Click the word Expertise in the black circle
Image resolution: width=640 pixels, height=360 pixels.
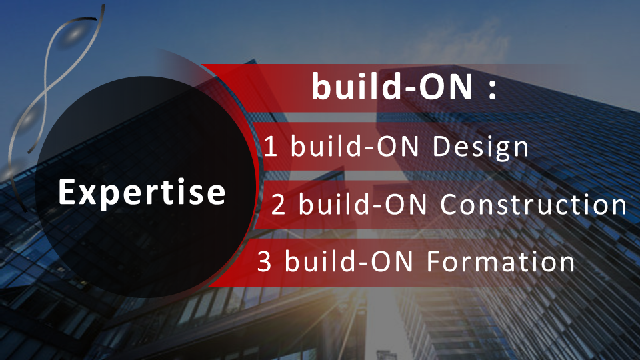click(x=142, y=193)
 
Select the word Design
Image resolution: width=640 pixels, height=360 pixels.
click(x=481, y=147)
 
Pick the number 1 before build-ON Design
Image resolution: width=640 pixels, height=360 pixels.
click(x=271, y=147)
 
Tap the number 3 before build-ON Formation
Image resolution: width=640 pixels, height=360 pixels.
click(x=265, y=262)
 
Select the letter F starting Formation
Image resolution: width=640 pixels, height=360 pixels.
click(x=434, y=262)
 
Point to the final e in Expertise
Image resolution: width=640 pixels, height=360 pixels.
click(x=216, y=194)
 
